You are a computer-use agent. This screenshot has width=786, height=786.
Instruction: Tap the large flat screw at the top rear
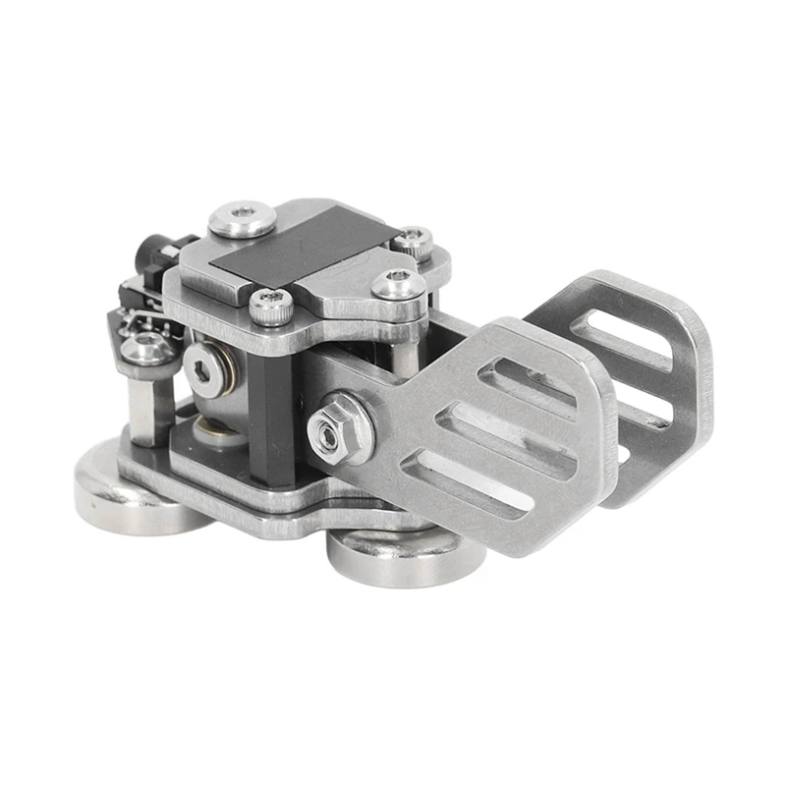pyautogui.click(x=242, y=219)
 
